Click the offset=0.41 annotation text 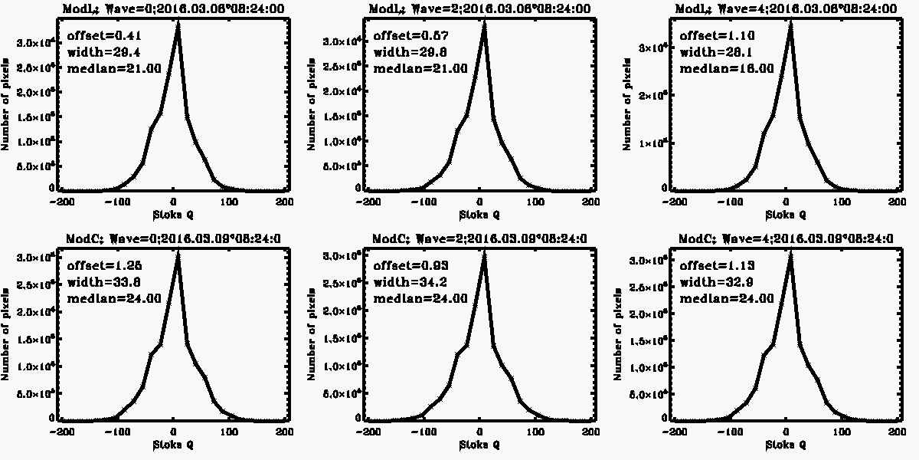coord(97,35)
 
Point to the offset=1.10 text coord(710,35)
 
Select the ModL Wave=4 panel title coord(785,8)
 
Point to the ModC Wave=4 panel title coord(785,238)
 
